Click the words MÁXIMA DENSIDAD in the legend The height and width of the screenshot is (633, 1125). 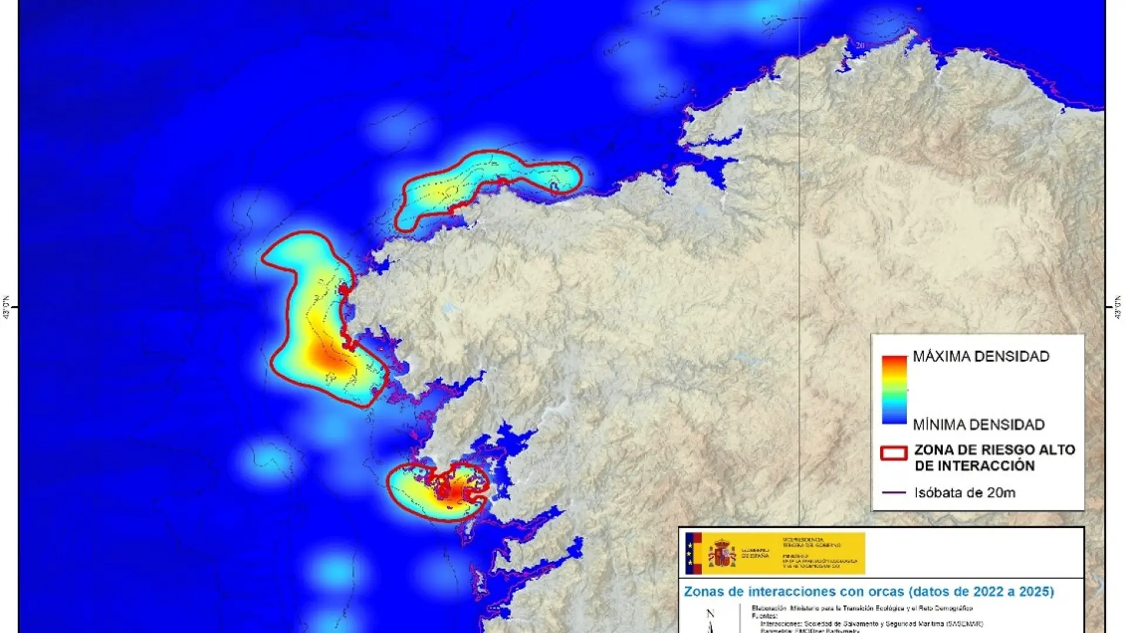(x=981, y=356)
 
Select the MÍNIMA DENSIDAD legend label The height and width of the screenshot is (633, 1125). (x=979, y=424)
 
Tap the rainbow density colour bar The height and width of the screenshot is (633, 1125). (x=894, y=390)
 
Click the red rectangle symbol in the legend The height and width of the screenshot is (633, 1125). (x=894, y=453)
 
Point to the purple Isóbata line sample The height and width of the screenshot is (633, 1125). (x=894, y=493)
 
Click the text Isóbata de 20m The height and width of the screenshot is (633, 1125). (x=964, y=493)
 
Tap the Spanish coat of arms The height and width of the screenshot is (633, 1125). (x=722, y=554)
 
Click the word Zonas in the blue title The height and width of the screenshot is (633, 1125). (x=704, y=591)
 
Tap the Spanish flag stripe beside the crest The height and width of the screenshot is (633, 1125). (x=693, y=554)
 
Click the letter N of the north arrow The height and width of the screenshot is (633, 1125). (x=710, y=614)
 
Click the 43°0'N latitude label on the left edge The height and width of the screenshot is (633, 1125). (x=6, y=307)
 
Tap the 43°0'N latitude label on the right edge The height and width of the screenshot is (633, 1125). (x=1118, y=307)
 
